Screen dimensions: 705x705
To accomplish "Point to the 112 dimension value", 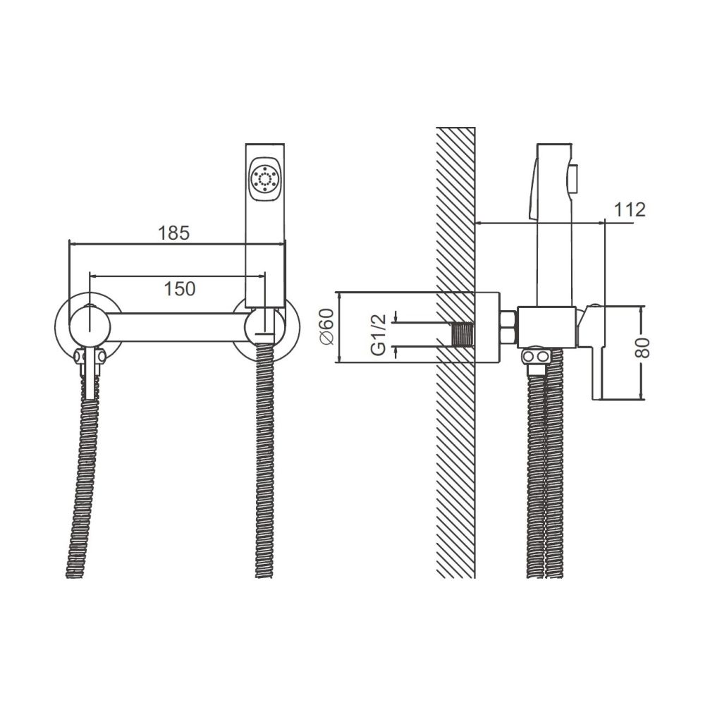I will click(630, 209).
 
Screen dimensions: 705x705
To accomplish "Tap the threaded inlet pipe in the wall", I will click(461, 334).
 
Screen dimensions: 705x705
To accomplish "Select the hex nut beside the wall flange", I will click(508, 327).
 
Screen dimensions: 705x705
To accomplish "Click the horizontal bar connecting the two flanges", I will click(180, 328).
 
